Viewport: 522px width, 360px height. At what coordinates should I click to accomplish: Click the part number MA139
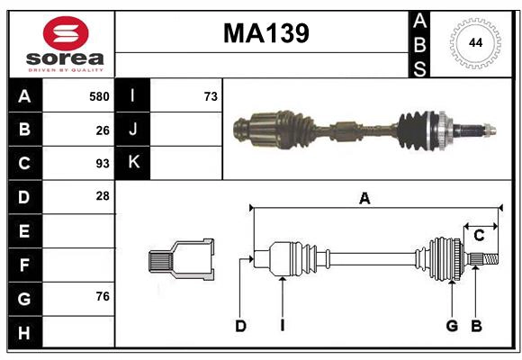[265, 33]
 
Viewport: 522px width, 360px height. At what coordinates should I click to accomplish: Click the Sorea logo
[66, 44]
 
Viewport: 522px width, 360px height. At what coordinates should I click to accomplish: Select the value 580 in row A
[99, 96]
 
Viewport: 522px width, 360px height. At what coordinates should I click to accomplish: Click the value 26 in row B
[103, 130]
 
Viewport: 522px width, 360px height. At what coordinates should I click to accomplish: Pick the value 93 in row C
[103, 163]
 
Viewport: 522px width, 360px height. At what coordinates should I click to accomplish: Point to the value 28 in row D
[103, 196]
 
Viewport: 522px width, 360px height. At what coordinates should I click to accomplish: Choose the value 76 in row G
[103, 296]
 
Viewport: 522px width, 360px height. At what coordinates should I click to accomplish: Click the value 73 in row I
[211, 96]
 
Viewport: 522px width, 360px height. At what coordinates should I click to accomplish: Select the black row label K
[133, 163]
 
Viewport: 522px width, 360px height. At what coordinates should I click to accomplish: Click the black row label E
[24, 230]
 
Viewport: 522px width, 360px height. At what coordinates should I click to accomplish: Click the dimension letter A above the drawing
[364, 199]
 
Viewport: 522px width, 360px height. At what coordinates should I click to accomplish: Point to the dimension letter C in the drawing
[479, 236]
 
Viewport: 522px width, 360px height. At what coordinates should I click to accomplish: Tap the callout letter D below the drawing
[240, 326]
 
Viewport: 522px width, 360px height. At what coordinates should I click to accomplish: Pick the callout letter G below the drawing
[452, 326]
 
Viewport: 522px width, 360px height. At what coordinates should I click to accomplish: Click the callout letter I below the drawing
[282, 326]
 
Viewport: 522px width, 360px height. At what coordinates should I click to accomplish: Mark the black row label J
[133, 130]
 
